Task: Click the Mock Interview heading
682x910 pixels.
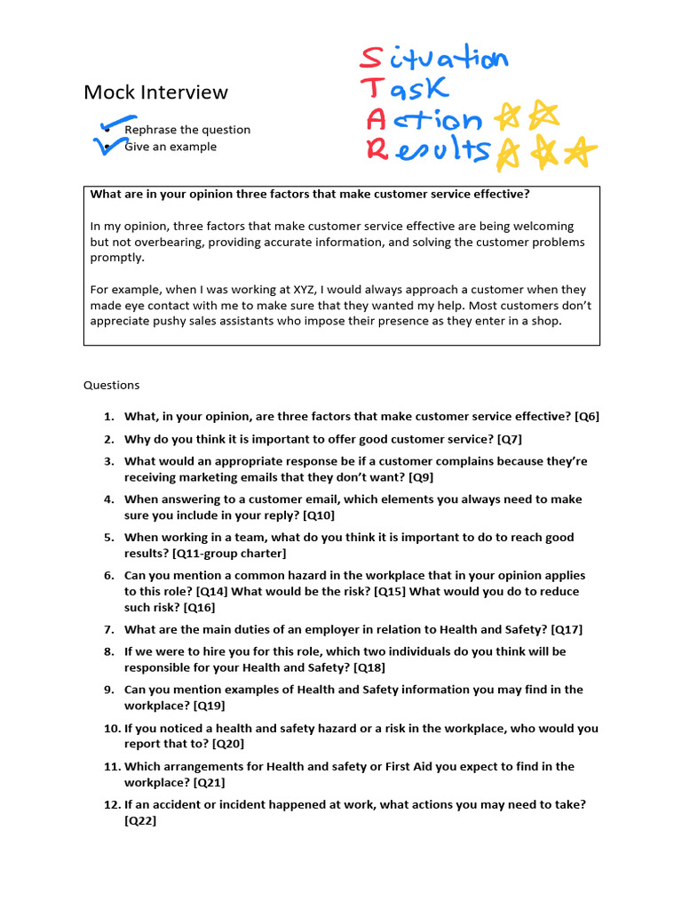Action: coord(155,92)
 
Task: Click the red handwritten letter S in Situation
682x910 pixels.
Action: coord(370,58)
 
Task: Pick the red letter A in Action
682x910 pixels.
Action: coord(376,119)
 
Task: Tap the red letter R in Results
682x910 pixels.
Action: coord(377,150)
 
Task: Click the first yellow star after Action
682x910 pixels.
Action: coord(509,116)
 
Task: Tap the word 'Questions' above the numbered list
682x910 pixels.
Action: coord(112,386)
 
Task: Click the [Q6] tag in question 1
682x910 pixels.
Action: coord(587,416)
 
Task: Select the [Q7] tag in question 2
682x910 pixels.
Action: coord(511,439)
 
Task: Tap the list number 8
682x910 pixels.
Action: coord(108,651)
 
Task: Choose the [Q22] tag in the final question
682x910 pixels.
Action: coord(140,821)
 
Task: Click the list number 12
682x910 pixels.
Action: coord(110,805)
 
